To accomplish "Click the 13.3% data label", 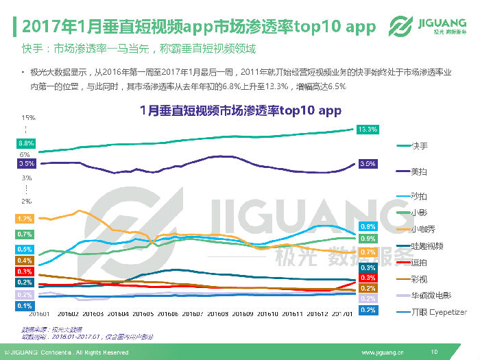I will click(x=368, y=129).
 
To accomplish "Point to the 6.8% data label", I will click(x=26, y=143).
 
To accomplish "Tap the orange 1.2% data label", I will click(x=25, y=219).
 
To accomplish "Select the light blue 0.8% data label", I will click(x=368, y=226).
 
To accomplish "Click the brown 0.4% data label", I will click(x=25, y=261).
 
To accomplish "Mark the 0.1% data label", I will click(x=25, y=305).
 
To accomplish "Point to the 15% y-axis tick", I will click(x=27, y=118).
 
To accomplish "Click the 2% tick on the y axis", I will click(x=27, y=202).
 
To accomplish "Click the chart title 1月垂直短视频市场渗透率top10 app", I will click(x=240, y=110).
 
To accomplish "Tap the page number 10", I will click(x=433, y=352).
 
